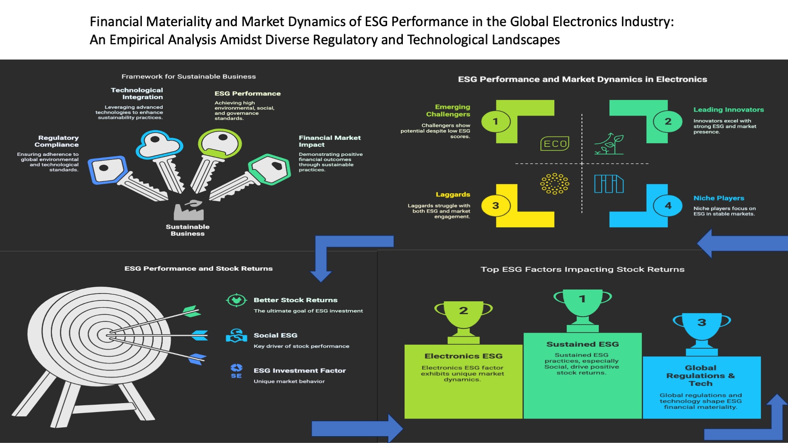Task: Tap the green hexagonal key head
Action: pos(270,169)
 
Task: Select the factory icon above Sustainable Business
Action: pos(189,210)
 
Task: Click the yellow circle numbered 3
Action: pos(496,205)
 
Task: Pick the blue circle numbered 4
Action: pos(668,205)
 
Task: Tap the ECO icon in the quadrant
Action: pos(555,144)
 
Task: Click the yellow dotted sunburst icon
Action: pos(554,184)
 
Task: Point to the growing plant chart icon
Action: pos(609,144)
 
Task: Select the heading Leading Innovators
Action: pos(728,110)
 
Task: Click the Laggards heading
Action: pos(453,195)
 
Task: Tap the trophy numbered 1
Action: pos(582,306)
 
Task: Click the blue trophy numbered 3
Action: pos(701,330)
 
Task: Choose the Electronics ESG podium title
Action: pos(463,356)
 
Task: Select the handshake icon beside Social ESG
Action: pos(236,335)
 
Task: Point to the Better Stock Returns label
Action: pos(295,300)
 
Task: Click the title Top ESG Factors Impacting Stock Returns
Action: pos(582,269)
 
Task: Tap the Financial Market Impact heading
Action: pos(330,141)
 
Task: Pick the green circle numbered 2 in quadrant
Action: pos(668,121)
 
